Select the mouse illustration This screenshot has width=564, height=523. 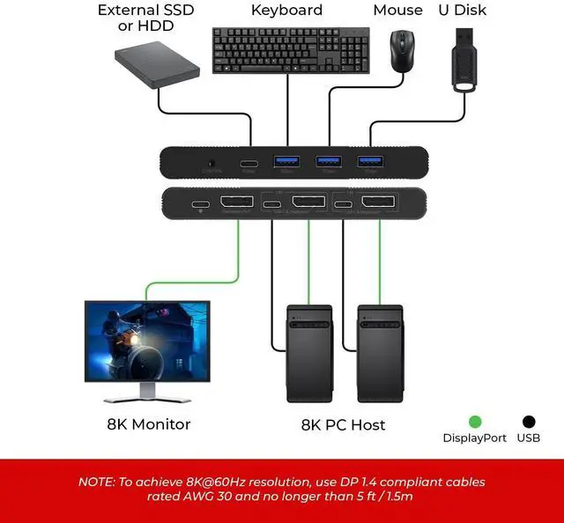pos(404,51)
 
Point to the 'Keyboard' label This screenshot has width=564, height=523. pos(286,11)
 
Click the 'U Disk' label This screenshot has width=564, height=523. pos(462,11)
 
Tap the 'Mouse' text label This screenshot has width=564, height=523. pos(397,11)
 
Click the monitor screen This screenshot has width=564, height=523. pos(147,340)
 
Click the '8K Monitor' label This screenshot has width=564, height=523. pos(148,424)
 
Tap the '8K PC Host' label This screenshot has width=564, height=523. pos(344,425)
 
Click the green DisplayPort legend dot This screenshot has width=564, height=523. pos(475,423)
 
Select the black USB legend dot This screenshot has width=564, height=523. pos(529,423)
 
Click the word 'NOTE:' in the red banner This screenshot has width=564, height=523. pos(97,482)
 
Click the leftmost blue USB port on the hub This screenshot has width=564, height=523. pos(286,162)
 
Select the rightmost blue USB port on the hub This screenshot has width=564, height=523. pos(369,162)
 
